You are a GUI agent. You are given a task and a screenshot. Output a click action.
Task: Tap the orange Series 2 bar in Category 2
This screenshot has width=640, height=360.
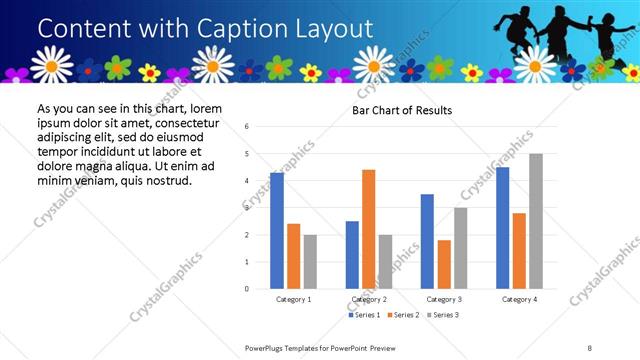(368, 229)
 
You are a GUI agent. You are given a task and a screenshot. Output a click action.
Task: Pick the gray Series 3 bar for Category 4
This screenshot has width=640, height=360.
(536, 221)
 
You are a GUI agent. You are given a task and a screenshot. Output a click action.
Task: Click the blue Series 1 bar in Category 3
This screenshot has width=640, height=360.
(427, 241)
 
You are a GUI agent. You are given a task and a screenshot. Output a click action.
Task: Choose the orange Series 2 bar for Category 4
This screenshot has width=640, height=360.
(519, 251)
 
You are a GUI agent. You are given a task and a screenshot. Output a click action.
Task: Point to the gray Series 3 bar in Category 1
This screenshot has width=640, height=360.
(310, 262)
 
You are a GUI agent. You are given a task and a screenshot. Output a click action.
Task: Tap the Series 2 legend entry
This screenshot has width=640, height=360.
(403, 315)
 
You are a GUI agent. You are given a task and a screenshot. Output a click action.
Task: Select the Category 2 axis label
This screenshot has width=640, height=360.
(369, 299)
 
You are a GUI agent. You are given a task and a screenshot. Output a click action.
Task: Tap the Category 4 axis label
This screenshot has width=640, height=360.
(519, 299)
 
